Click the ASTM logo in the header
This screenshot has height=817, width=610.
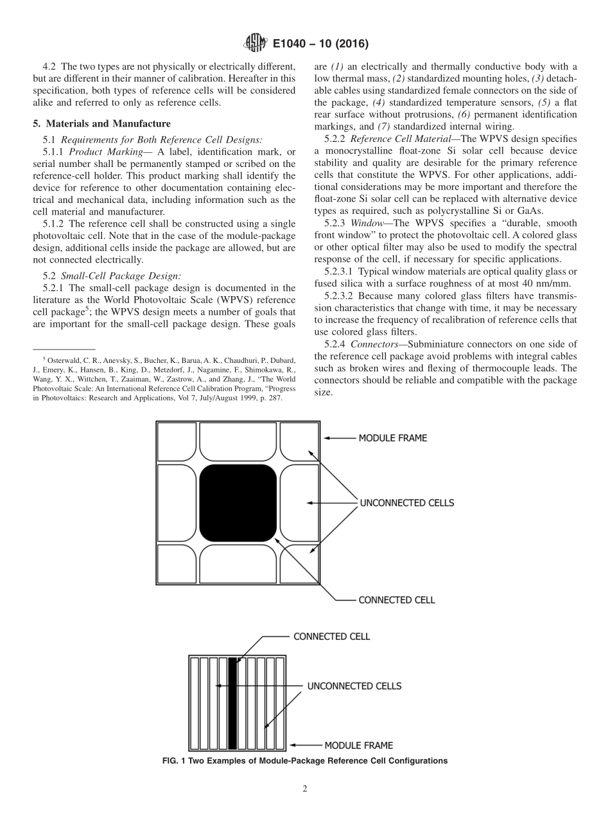click(256, 44)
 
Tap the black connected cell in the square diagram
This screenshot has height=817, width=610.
click(238, 503)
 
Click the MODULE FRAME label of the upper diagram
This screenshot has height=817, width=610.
click(392, 438)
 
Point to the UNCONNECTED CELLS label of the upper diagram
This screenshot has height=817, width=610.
click(406, 503)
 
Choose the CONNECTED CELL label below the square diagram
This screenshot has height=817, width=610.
click(396, 600)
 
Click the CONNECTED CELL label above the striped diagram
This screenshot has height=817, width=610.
click(331, 637)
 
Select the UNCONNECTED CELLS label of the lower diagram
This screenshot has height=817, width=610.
click(354, 686)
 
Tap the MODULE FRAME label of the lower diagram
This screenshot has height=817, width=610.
click(358, 746)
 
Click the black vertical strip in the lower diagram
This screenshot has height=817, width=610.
click(232, 703)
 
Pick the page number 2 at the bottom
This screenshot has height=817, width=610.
click(305, 789)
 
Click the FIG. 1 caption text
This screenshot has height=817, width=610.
click(305, 761)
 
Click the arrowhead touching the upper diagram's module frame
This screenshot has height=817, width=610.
click(326, 438)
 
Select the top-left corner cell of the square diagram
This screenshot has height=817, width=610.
click(177, 442)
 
